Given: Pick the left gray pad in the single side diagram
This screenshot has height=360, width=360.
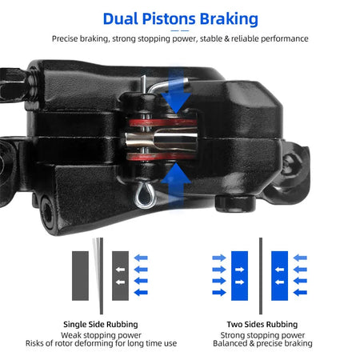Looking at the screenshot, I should pos(80,275).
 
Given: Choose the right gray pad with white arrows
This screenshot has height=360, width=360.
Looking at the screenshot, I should pos(121,275).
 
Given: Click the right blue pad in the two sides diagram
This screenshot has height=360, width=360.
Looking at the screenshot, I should pos(280,275).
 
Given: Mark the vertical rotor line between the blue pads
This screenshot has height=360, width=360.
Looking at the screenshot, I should pos(260,275).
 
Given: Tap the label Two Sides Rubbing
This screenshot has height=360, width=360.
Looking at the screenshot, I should pos(261,325).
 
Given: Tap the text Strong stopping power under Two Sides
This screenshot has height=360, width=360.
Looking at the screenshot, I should pos(261,334).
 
